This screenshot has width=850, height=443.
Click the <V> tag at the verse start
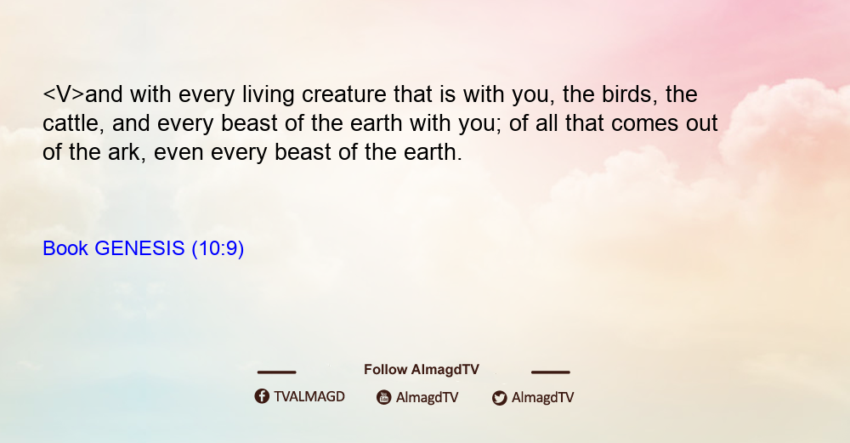point(64,94)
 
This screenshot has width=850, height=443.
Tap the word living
point(269,96)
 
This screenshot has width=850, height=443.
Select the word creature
point(344,94)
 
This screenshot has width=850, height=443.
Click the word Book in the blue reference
point(65,248)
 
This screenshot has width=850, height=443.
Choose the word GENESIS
point(140,248)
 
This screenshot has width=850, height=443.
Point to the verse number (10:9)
point(218,248)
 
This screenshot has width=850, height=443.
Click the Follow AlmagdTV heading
point(422,370)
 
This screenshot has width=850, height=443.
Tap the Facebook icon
point(262,396)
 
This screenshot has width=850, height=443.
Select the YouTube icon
point(384,397)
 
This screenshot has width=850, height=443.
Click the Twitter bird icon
point(500,398)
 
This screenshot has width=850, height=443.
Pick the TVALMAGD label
point(309,397)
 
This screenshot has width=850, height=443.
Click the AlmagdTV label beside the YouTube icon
point(428,398)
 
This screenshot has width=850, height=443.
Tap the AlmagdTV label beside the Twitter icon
point(542,398)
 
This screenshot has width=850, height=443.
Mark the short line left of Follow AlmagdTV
point(276,372)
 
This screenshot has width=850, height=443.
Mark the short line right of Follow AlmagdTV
point(551,372)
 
